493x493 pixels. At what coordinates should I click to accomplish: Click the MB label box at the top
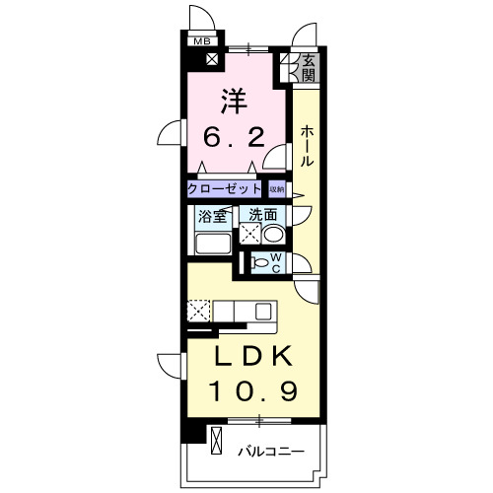coord(201,40)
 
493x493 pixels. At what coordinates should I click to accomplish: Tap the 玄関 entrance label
coord(308,67)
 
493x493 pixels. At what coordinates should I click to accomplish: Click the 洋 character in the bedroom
coord(233,100)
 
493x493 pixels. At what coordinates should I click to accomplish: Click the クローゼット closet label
coord(226,188)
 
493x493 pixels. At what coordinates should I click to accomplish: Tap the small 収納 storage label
coord(277,188)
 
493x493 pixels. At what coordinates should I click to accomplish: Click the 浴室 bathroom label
coord(212,216)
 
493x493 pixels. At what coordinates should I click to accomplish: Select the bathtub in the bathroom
coord(210,243)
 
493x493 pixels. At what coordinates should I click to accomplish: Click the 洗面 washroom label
coord(262,215)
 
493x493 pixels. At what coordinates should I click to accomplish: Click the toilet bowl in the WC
coord(258,263)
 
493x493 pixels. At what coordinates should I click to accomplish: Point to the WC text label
coord(276,263)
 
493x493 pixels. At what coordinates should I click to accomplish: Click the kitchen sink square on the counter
coord(262,312)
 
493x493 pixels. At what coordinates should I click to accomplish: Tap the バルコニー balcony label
coord(269,453)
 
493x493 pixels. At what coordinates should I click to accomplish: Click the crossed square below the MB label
coord(212,58)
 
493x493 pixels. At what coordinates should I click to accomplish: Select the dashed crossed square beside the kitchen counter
coord(197,312)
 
